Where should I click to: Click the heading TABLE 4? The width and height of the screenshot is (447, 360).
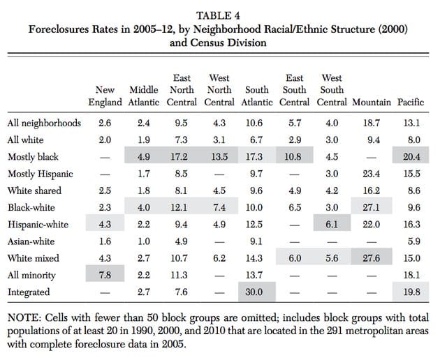click(218, 15)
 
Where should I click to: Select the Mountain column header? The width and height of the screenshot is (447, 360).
click(371, 103)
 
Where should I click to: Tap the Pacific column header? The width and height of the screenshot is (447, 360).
click(411, 103)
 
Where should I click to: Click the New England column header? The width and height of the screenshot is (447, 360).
click(105, 96)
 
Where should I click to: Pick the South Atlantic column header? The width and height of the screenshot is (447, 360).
click(257, 96)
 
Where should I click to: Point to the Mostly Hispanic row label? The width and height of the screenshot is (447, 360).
click(41, 174)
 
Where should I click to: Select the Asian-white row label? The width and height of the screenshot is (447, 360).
click(31, 241)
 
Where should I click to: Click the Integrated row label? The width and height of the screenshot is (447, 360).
click(29, 292)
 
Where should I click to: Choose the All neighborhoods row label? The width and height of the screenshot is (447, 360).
click(44, 123)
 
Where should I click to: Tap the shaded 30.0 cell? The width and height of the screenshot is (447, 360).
click(254, 292)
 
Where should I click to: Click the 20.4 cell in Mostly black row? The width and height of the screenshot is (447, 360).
click(411, 157)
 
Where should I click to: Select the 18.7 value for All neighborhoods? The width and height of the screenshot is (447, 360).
click(371, 123)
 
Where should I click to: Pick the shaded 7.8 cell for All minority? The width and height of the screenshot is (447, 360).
click(105, 275)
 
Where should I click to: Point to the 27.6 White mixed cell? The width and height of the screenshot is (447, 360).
click(371, 258)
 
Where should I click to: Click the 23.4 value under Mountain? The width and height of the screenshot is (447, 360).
click(371, 174)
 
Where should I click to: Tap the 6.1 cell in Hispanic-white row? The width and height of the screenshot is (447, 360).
click(332, 225)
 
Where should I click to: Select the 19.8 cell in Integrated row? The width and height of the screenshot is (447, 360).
click(411, 292)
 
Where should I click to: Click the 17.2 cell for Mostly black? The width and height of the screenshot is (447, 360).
click(179, 157)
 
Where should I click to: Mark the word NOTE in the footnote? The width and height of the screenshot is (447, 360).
click(23, 318)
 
